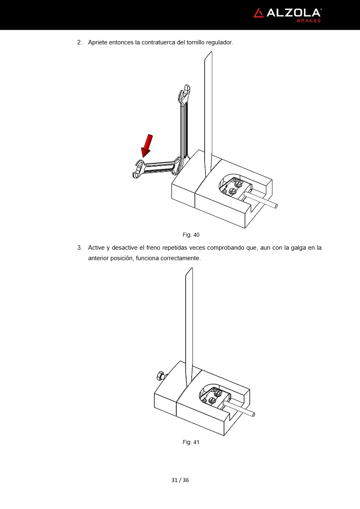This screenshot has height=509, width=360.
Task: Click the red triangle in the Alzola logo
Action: click(x=259, y=13)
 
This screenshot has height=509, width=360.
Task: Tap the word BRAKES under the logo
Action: click(x=309, y=21)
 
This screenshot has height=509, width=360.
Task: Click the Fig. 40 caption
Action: click(x=191, y=235)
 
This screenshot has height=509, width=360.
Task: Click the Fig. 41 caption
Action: click(x=191, y=442)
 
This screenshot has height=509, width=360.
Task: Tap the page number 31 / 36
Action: click(x=180, y=480)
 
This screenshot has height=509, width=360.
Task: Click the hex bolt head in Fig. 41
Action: click(x=160, y=375)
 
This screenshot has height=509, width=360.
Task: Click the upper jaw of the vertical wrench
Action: click(x=185, y=93)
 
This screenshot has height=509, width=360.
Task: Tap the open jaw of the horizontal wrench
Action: click(x=138, y=169)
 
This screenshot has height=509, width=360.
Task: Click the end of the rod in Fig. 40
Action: click(x=276, y=206)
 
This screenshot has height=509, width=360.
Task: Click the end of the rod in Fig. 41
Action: click(x=253, y=415)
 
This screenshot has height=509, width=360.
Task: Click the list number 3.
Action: click(x=80, y=248)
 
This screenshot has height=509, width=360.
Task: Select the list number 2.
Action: click(x=80, y=42)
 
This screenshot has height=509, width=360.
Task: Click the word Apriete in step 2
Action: click(x=98, y=43)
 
